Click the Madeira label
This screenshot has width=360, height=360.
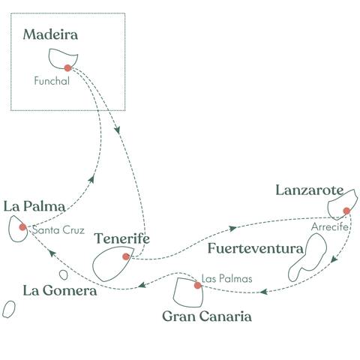click(x=51, y=34)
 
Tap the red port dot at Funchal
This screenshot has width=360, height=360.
click(x=67, y=67)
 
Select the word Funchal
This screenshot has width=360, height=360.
click(x=52, y=82)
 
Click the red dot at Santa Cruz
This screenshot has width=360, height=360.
click(x=22, y=226)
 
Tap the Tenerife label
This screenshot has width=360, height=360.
click(x=122, y=238)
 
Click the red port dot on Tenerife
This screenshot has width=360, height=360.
click(x=126, y=256)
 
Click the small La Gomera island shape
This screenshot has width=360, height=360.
click(x=9, y=308)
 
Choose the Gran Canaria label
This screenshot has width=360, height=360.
click(x=206, y=316)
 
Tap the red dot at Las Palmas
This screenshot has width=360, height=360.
click(x=197, y=285)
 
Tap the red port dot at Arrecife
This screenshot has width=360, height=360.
click(x=346, y=211)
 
